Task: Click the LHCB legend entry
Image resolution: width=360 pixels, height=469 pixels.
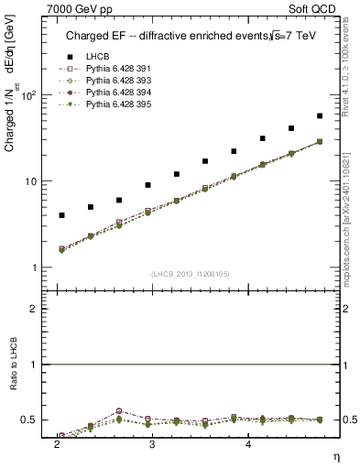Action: click(x=98, y=57)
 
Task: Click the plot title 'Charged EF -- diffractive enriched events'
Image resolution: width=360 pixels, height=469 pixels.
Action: click(x=168, y=37)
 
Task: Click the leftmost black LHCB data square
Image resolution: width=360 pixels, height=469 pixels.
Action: click(x=61, y=215)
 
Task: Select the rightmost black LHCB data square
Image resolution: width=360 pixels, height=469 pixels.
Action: click(x=319, y=116)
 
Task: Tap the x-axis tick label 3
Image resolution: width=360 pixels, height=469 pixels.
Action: click(x=151, y=444)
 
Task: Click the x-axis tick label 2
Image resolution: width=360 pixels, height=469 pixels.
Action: click(x=57, y=444)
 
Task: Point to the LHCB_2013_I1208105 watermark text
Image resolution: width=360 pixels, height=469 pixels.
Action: click(x=189, y=273)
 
